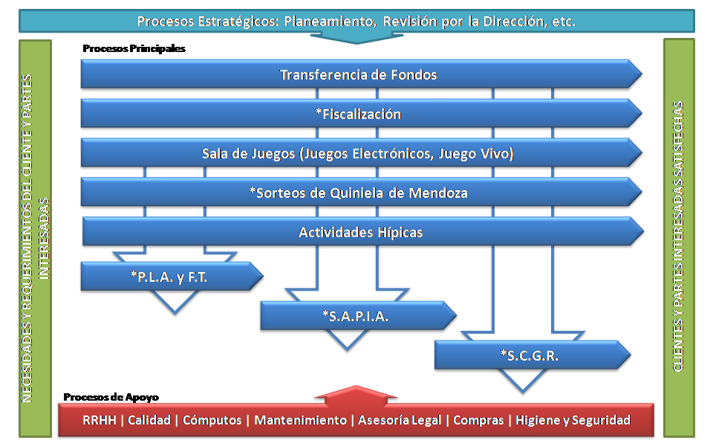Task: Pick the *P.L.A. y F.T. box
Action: pos(172,277)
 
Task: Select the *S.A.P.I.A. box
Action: pos(358,315)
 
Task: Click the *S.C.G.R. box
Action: pos(533,355)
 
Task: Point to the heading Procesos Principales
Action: pos(134,48)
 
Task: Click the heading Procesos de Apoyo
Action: pos(111,397)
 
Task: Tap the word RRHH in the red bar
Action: pos(99,420)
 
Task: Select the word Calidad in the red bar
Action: pos(149,420)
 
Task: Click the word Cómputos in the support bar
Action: pos(212,420)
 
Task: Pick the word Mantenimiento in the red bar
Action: pos(300,420)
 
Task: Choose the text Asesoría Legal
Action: pos(400,420)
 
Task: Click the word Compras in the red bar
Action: pos(478,420)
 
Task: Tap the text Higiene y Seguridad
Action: pos(573,420)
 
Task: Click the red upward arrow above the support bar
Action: pos(356,395)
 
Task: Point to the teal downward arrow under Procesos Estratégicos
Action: pos(356,38)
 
